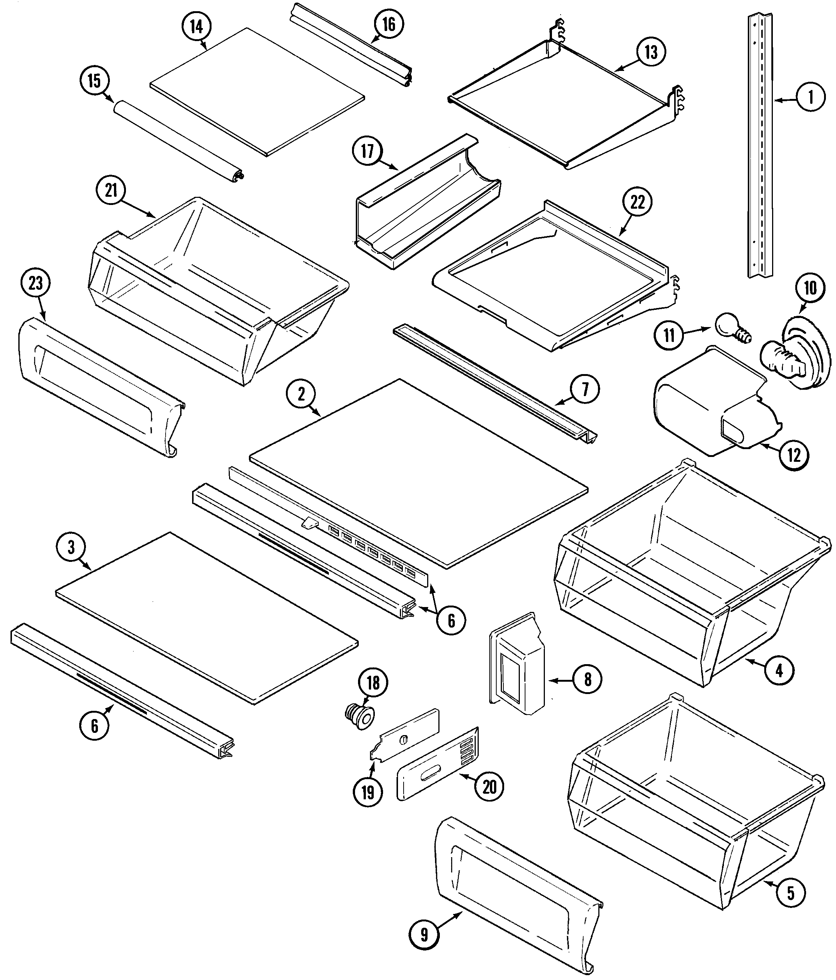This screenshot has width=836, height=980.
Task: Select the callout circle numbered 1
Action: tap(811, 97)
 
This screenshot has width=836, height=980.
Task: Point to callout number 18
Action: tap(373, 682)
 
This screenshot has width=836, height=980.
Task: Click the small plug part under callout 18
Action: tap(359, 718)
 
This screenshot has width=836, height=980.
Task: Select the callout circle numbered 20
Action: tap(489, 787)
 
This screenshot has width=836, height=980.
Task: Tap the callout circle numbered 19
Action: tap(368, 792)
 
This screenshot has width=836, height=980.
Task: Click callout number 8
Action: tap(587, 680)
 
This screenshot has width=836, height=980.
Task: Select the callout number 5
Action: tap(790, 893)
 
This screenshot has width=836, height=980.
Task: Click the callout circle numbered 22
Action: tap(637, 202)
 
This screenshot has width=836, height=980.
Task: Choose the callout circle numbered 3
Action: tap(71, 547)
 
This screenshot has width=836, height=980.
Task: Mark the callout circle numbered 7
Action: tap(584, 389)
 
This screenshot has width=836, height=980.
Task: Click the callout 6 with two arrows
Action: tap(451, 620)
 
